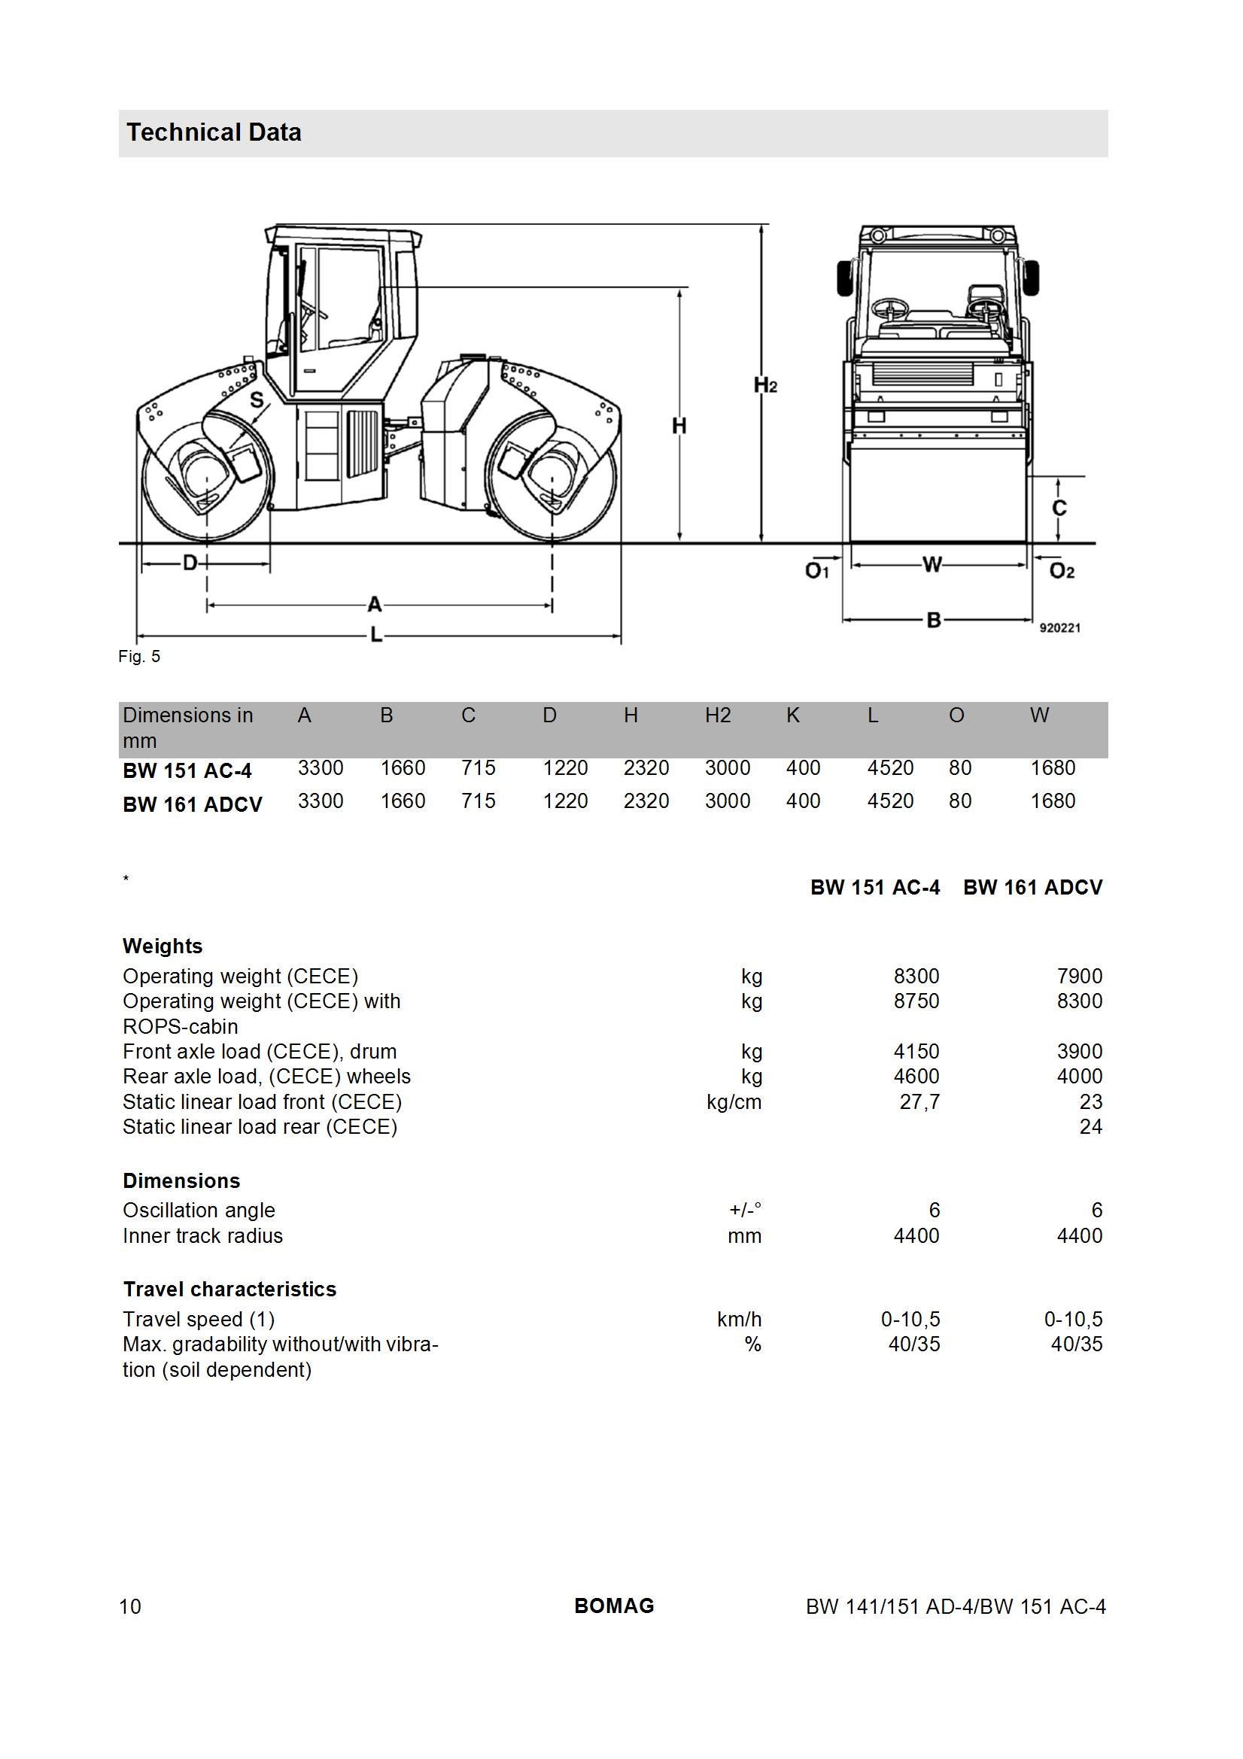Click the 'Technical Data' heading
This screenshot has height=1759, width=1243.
(x=214, y=132)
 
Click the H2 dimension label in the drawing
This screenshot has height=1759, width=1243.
(x=765, y=385)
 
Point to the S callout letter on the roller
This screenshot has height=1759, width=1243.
(x=257, y=400)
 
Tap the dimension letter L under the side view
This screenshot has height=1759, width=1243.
(x=376, y=635)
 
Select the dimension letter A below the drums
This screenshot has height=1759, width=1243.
(x=374, y=605)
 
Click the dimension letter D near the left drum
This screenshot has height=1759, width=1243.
(x=190, y=564)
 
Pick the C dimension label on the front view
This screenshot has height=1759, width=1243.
(x=1059, y=508)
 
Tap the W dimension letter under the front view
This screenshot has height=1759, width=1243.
(x=931, y=566)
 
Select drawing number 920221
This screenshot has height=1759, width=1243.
(x=1060, y=627)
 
